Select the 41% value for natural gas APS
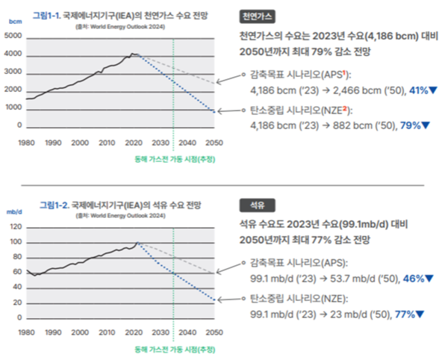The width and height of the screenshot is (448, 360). pyautogui.click(x=414, y=90)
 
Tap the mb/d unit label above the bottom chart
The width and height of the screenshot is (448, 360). pyautogui.click(x=16, y=212)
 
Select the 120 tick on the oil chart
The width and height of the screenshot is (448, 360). pyautogui.click(x=16, y=227)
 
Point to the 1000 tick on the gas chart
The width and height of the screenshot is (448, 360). pyautogui.click(x=13, y=108)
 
